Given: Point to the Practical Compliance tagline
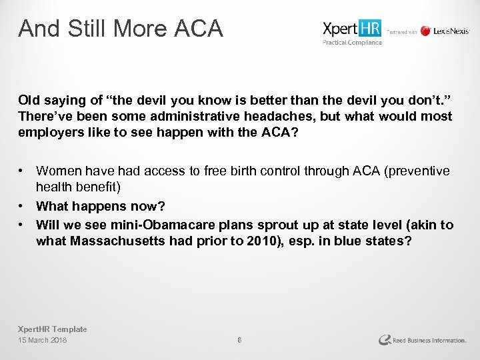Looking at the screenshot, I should click(352, 43).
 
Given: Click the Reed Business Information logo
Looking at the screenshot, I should click(423, 340).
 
